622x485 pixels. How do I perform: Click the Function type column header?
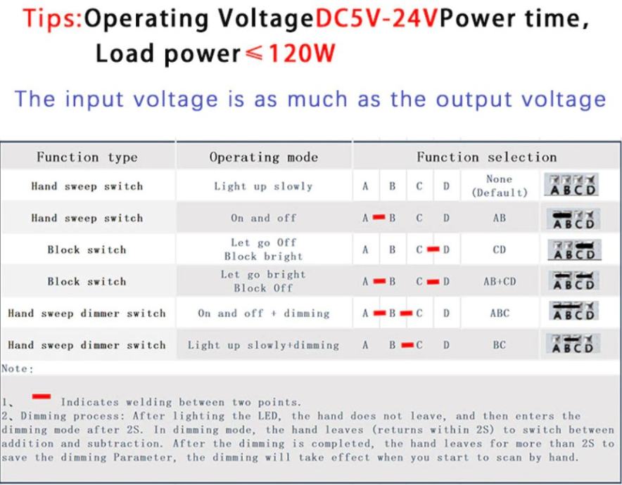[87, 157]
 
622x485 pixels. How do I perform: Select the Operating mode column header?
[264, 157]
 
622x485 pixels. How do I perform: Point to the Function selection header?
[487, 157]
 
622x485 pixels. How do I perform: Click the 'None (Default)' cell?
[500, 186]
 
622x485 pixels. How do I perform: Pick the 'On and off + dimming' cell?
[264, 313]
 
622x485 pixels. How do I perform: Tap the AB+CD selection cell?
[500, 281]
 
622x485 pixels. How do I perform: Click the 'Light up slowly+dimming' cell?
[264, 345]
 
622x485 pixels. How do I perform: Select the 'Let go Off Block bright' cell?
[264, 250]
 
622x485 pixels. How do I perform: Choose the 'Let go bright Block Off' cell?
[264, 281]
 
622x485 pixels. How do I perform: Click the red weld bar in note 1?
[42, 396]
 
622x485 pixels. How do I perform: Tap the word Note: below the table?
[18, 369]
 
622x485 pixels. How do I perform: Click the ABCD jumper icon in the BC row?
[573, 344]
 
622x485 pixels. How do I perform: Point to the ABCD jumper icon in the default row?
[571, 185]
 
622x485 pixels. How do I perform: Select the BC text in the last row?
[500, 345]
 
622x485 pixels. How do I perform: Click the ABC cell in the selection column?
[500, 313]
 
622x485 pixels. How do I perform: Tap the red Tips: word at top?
[52, 18]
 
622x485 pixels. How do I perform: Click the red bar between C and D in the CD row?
[433, 250]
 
